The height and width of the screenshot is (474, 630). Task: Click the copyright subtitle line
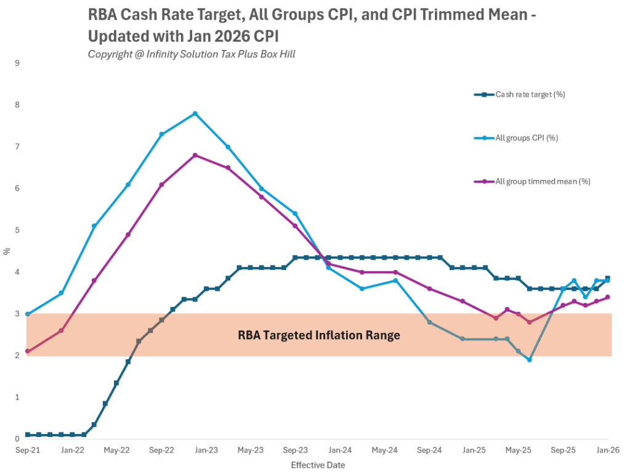(192, 54)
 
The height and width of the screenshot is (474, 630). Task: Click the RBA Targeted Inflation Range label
(319, 335)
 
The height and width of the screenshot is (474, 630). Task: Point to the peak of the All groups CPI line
(195, 113)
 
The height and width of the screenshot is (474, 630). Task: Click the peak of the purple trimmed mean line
(195, 155)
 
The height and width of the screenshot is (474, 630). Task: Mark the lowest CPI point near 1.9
(529, 359)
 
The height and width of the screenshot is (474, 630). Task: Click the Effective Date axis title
(318, 465)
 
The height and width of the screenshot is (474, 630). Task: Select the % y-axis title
(7, 251)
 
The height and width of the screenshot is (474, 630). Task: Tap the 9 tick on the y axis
(17, 63)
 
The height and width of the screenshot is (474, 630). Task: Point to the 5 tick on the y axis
(17, 230)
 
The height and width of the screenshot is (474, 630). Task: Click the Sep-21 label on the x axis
(28, 451)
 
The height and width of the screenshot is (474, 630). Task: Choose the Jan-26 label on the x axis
(607, 451)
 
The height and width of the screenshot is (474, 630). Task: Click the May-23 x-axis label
(251, 451)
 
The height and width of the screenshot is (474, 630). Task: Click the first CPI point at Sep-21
(28, 314)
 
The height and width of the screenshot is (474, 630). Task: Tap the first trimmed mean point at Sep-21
(28, 351)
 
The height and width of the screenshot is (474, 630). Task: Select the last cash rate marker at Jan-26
(608, 278)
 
